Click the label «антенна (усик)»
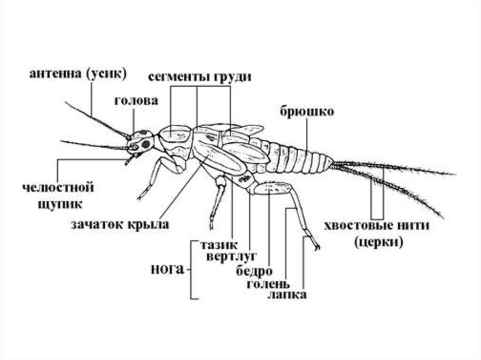78,74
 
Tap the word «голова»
136,101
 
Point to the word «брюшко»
307,111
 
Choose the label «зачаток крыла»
120,224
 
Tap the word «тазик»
219,245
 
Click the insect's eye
147,143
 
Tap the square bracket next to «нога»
192,270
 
